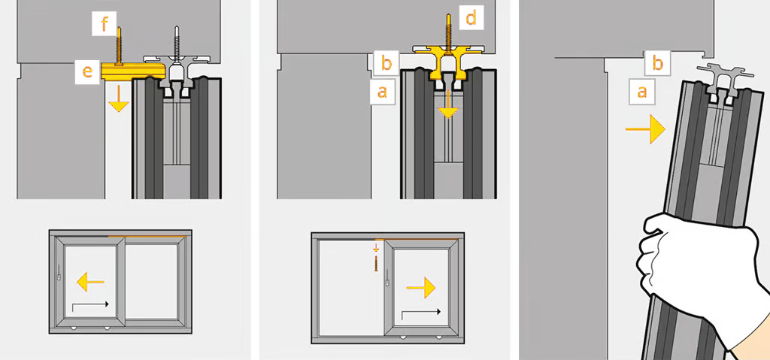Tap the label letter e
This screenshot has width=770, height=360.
(x=87, y=71)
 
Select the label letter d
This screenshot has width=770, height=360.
(x=471, y=20)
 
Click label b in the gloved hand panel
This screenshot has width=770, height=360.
(x=657, y=63)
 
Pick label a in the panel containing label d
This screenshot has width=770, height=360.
(x=382, y=92)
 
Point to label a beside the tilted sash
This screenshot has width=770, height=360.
(x=641, y=92)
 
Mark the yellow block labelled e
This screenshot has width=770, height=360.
(x=132, y=71)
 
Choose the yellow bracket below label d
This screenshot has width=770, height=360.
(x=447, y=62)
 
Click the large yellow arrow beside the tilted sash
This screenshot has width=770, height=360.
(x=645, y=129)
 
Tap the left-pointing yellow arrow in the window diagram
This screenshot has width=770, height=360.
(x=91, y=281)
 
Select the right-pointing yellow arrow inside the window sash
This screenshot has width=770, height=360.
(x=421, y=287)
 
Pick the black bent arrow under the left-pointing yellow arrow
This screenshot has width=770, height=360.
(x=90, y=307)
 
